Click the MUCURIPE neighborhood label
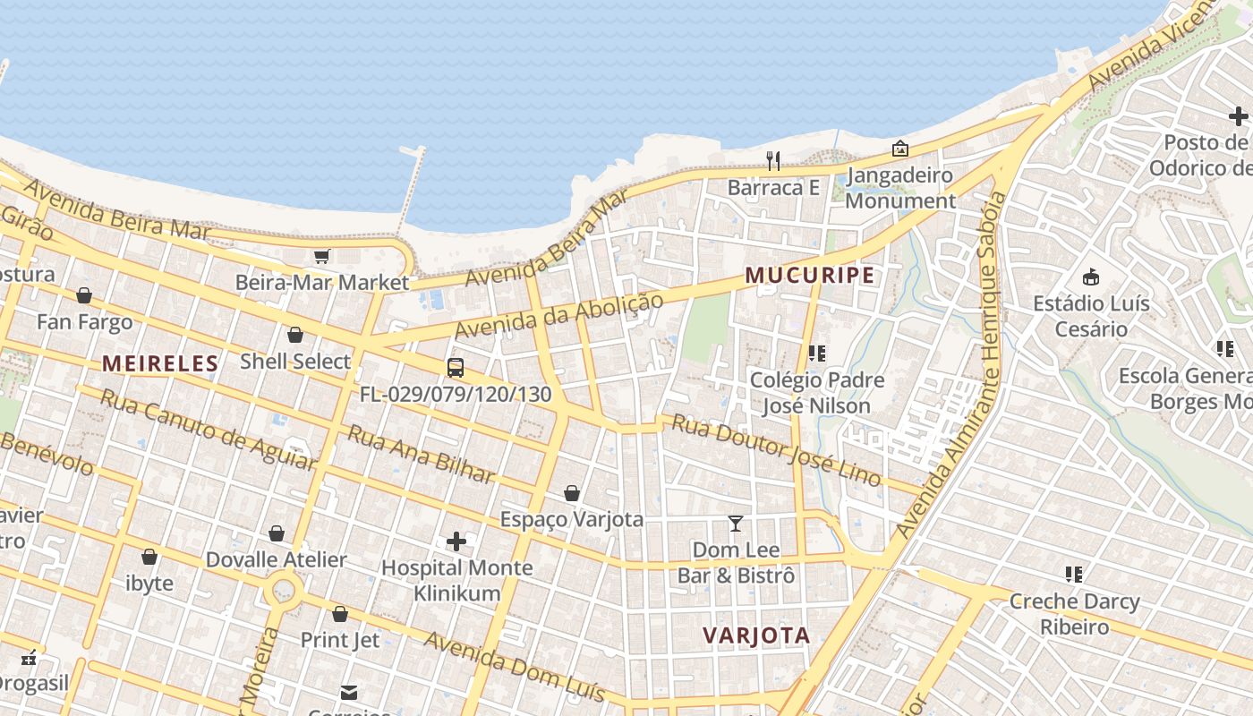coord(810,276)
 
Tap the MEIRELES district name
coord(160,363)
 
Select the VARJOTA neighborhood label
coord(756,635)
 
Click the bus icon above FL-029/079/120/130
coord(456,367)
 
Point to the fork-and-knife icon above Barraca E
coord(773,161)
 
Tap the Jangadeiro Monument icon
coord(899,149)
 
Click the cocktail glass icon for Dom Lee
coord(736,523)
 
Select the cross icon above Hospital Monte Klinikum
coord(456,541)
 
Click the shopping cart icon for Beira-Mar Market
coord(322,256)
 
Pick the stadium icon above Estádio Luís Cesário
coord(1091,277)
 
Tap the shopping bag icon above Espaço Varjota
coord(572,493)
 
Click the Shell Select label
coord(295,362)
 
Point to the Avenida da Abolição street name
coord(558,315)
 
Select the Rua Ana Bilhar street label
coord(421,454)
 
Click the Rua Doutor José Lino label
coord(777,450)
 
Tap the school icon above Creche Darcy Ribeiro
coord(1074,574)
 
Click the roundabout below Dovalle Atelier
coord(285,590)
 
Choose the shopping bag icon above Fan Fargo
coord(84,295)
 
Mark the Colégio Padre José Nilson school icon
coord(816,354)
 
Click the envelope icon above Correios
coord(349,692)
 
